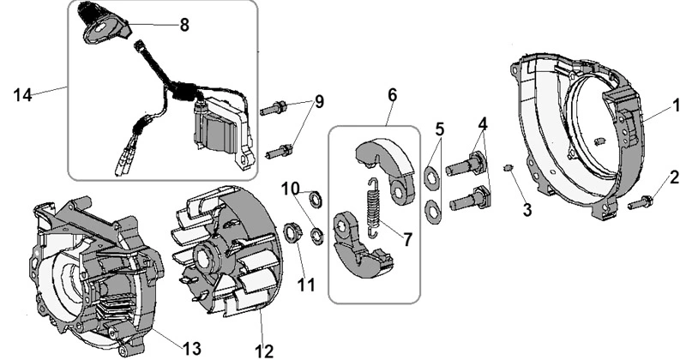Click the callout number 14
click(23, 94)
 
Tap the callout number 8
click(184, 25)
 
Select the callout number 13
click(191, 349)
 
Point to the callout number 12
click(264, 351)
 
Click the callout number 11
click(306, 285)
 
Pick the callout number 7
click(407, 239)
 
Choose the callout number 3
click(527, 210)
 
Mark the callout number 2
click(674, 177)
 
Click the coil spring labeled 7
click(373, 208)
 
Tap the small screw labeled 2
click(640, 202)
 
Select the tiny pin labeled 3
click(508, 168)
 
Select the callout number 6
click(392, 95)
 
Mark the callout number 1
click(676, 105)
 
